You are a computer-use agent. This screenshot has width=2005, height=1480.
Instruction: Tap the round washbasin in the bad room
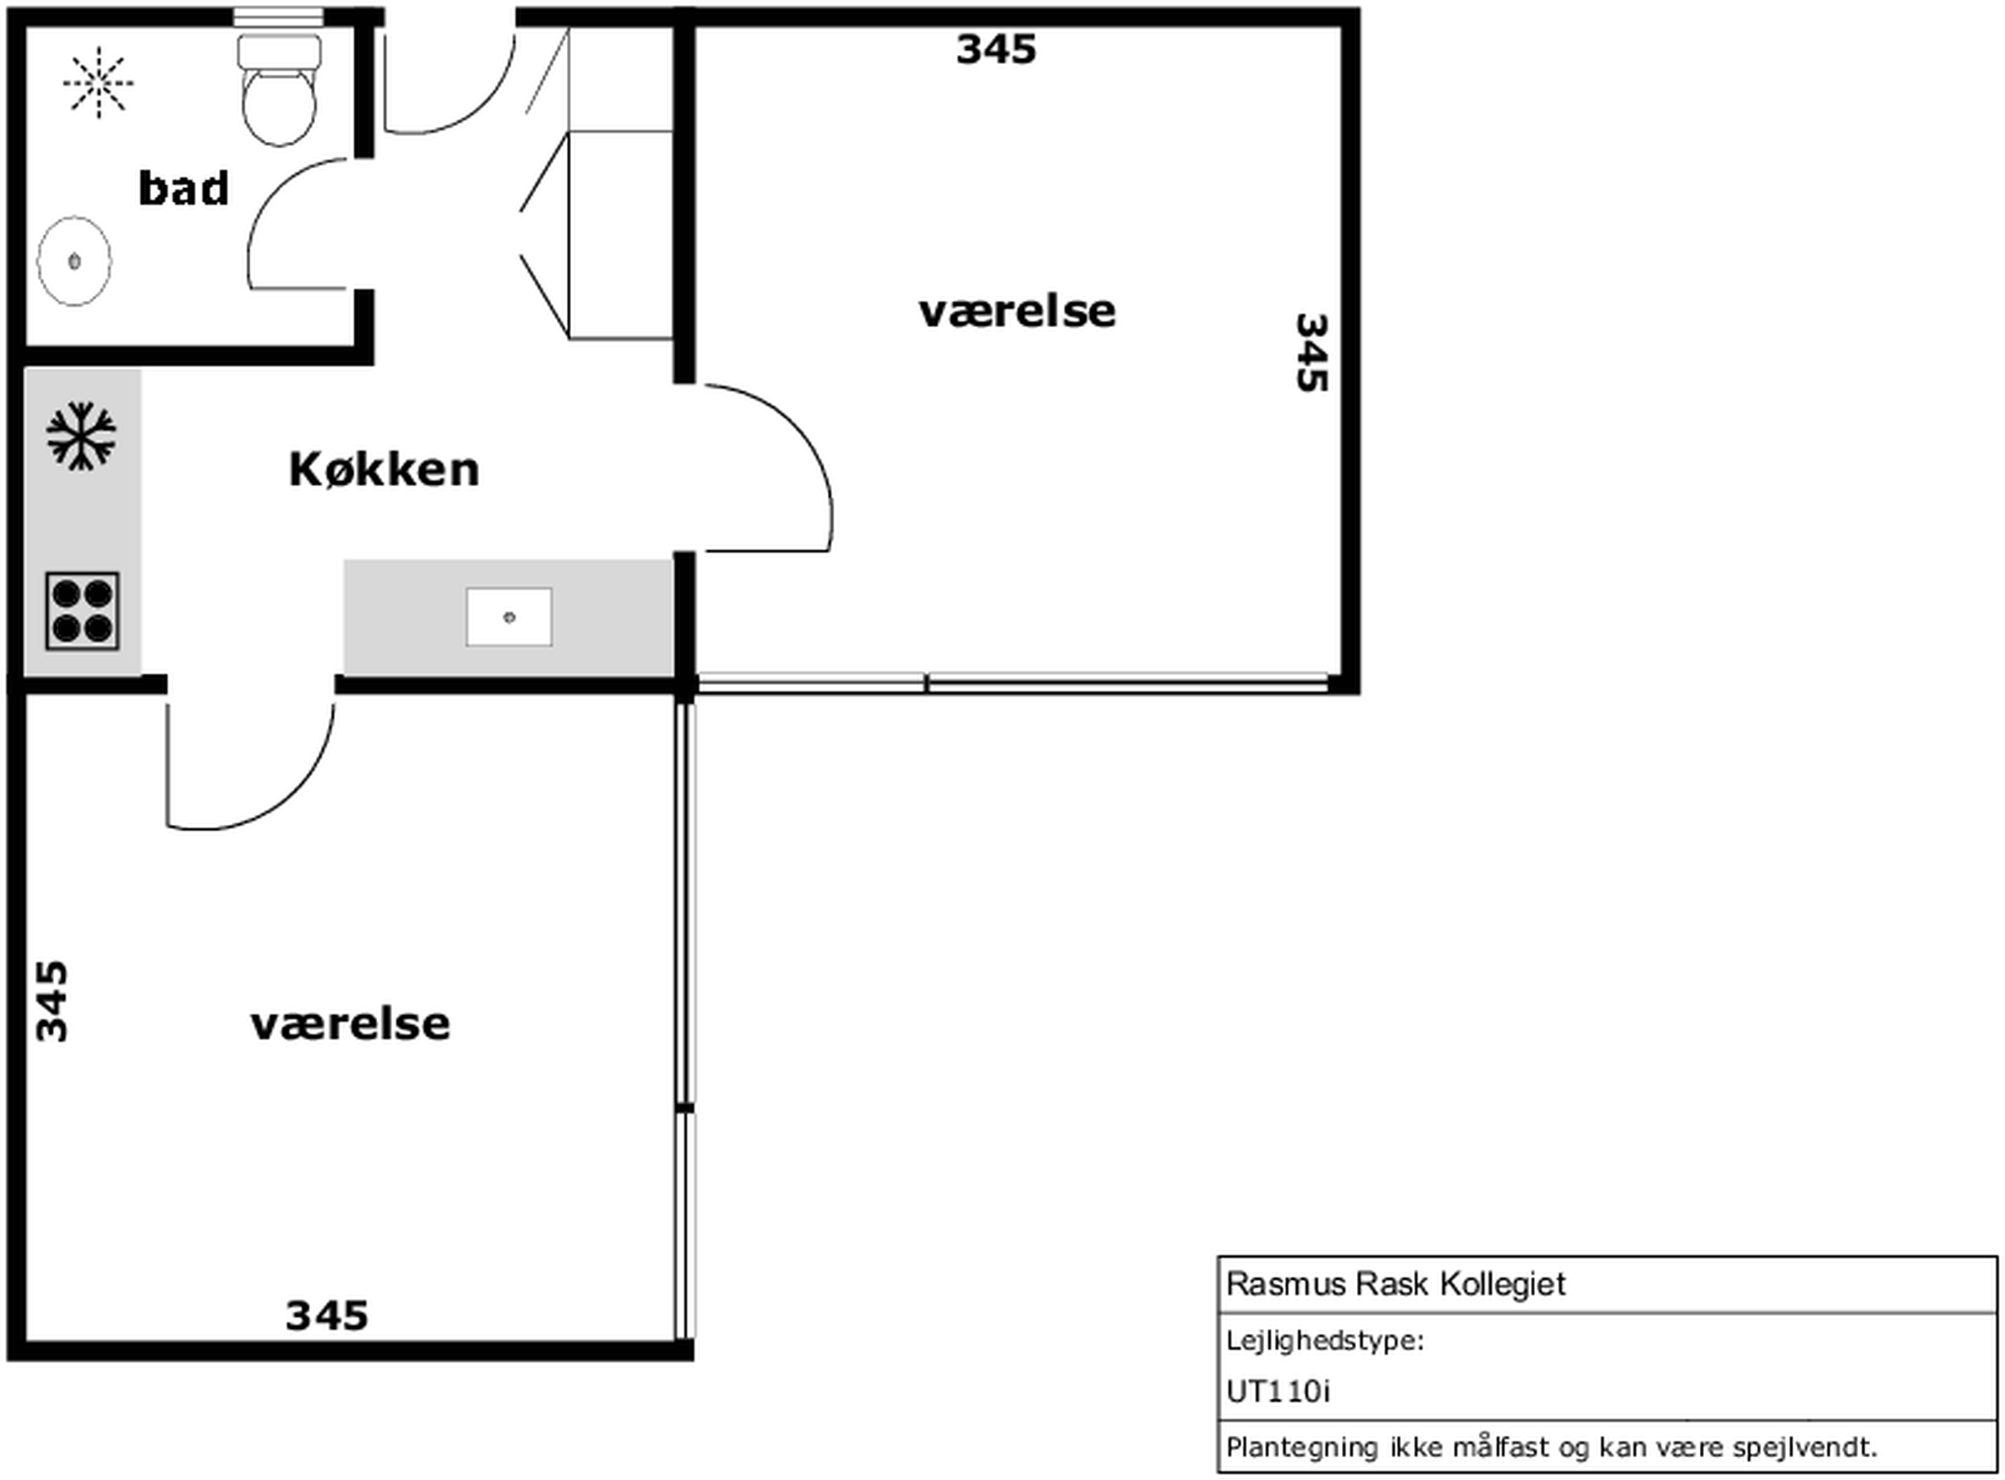pyautogui.click(x=75, y=261)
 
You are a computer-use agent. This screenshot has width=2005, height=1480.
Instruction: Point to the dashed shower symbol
pyautogui.click(x=98, y=83)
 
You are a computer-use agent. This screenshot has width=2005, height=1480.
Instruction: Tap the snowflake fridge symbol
pyautogui.click(x=80, y=436)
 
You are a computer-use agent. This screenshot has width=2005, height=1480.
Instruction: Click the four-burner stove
pyautogui.click(x=83, y=611)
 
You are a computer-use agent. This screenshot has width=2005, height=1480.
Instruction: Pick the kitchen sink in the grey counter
pyautogui.click(x=509, y=617)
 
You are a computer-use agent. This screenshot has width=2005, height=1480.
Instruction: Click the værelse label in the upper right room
pyautogui.click(x=1017, y=312)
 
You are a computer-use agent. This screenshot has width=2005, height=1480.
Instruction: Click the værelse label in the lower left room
pyautogui.click(x=350, y=1024)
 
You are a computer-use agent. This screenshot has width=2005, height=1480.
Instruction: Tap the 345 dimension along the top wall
pyautogui.click(x=996, y=49)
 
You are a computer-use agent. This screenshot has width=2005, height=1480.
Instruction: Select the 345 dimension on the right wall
pyautogui.click(x=1311, y=352)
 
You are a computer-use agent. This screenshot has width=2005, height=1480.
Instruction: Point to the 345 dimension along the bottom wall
pyautogui.click(x=327, y=1316)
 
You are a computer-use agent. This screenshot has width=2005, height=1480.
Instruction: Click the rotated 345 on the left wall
pyautogui.click(x=52, y=1002)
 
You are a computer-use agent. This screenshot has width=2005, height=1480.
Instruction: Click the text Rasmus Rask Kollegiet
pyautogui.click(x=1395, y=1284)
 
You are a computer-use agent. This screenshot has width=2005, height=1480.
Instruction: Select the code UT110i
pyautogui.click(x=1278, y=1391)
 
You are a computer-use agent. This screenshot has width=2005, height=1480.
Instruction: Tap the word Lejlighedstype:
pyautogui.click(x=1325, y=1341)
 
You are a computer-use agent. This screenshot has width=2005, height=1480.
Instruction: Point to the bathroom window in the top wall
pyautogui.click(x=279, y=16)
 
